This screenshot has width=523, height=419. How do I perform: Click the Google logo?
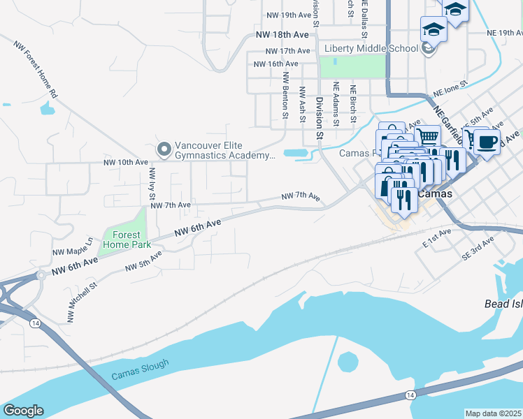point(23,411)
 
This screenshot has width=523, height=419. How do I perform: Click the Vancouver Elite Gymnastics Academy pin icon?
point(164,149)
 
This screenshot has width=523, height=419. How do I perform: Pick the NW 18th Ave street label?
point(282,34)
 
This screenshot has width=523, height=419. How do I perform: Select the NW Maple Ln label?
point(72,246)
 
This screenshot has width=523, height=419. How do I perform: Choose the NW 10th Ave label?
point(125,162)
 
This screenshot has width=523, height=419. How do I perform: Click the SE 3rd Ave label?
point(478,248)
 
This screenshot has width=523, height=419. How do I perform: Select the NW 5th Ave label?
point(143,262)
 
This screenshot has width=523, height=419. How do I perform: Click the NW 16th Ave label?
point(276,64)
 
